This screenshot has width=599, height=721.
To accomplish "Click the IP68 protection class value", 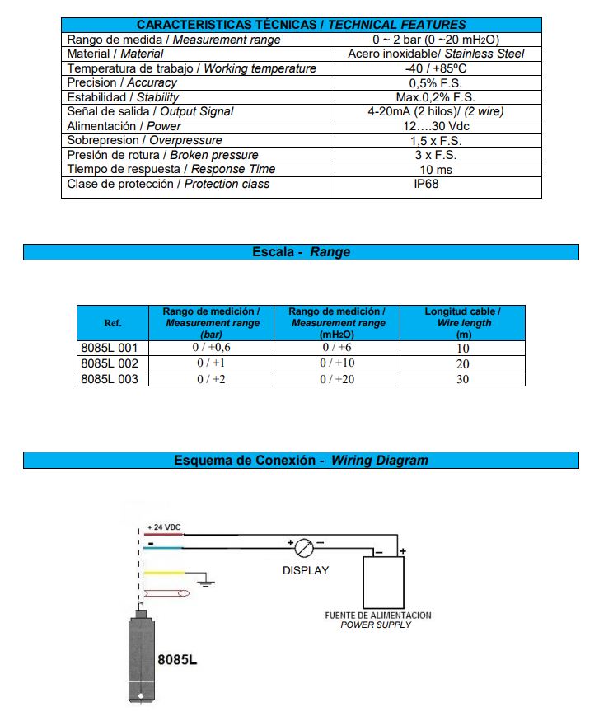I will click(425, 184).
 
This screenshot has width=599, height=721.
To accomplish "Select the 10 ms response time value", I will click(435, 169).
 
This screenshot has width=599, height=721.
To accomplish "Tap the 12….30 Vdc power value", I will click(435, 126).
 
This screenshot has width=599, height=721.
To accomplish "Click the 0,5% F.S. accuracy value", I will click(435, 82).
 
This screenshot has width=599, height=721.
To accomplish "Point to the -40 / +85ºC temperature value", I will click(435, 68).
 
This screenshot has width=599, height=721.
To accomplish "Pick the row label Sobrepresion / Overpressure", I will click(144, 140).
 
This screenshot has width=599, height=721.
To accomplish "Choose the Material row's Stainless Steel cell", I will click(435, 54).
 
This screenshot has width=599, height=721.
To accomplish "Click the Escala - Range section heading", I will click(301, 252).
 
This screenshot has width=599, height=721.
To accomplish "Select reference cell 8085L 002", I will click(110, 363).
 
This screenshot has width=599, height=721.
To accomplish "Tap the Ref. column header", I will click(113, 323).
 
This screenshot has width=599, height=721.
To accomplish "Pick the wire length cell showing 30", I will click(462, 379).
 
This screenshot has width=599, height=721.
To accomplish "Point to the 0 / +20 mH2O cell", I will click(337, 379).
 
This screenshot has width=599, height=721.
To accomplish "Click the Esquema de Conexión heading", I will click(301, 460).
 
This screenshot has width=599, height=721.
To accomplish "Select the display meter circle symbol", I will click(305, 546).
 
